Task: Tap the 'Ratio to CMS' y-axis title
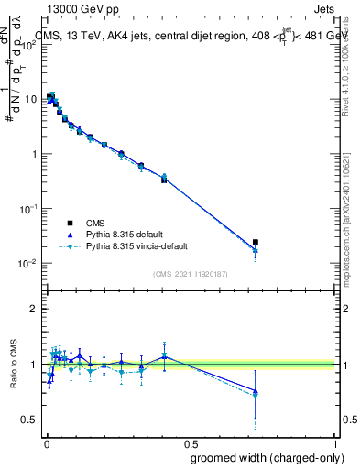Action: click(15, 365)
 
